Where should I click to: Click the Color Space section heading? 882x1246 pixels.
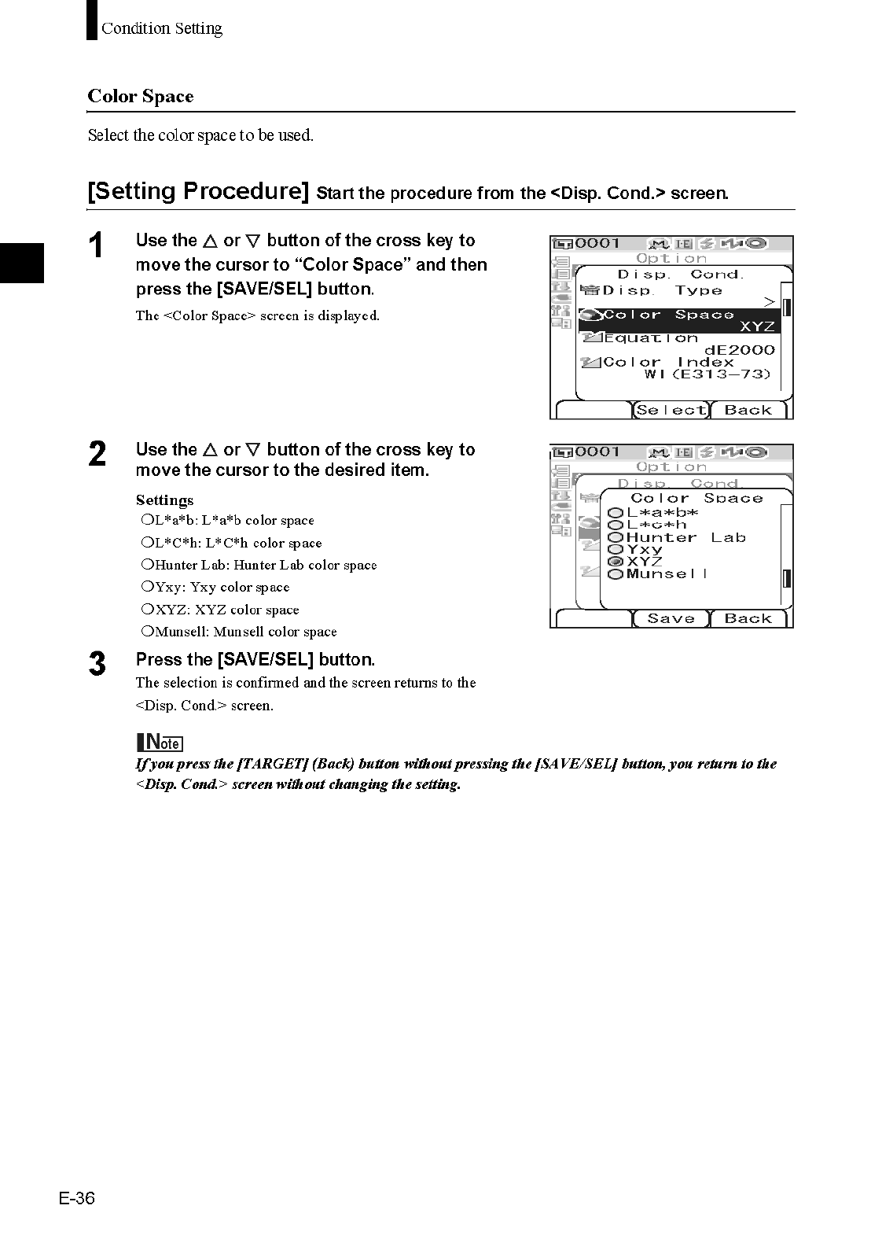[141, 97]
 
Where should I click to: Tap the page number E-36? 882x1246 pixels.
[76, 1198]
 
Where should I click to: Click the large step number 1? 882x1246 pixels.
[97, 246]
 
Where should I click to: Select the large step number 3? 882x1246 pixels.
[97, 665]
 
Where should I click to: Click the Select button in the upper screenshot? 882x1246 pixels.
[671, 410]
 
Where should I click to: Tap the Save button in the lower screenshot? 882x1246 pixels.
[671, 619]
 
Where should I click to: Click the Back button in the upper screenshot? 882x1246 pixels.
[748, 410]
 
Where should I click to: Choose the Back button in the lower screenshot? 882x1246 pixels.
[748, 619]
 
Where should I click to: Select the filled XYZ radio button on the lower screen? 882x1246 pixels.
[616, 562]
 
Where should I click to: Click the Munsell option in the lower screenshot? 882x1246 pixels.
[667, 574]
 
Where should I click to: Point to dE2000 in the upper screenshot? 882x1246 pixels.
[739, 350]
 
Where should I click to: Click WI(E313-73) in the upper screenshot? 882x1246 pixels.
[707, 374]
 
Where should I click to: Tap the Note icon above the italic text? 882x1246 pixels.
[160, 742]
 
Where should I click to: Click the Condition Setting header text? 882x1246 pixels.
[161, 29]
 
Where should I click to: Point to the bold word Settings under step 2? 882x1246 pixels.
[164, 500]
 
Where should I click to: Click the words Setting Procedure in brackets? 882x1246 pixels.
[198, 191]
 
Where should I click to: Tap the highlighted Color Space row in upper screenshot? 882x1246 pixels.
[679, 320]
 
